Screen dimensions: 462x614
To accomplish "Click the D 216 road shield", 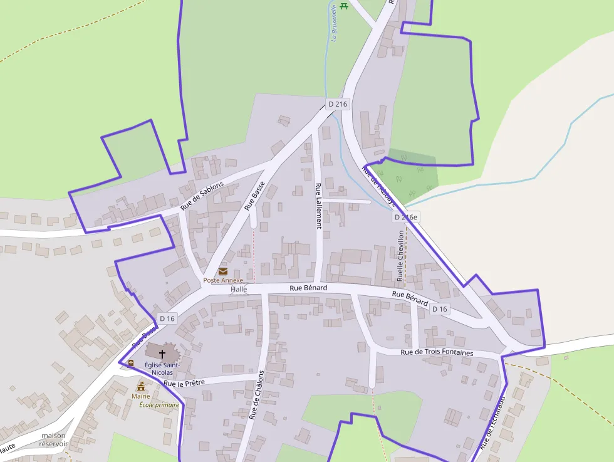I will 337,104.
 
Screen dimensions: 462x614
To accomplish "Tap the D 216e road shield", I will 405,217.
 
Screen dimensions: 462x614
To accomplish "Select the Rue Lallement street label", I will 318,206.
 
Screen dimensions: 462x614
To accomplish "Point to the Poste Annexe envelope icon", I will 223,271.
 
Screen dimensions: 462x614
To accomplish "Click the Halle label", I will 239,289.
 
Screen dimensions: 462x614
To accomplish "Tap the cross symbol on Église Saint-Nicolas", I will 162,354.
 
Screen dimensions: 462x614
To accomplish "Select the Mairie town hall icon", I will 141,386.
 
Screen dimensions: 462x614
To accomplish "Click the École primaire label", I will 159,405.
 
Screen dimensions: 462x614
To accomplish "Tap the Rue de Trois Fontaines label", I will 437,352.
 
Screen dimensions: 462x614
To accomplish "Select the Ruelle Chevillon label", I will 401,255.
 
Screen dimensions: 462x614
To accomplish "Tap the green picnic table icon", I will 343,6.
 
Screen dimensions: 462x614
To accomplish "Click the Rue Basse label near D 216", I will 255,195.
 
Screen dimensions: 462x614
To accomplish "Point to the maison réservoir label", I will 53,439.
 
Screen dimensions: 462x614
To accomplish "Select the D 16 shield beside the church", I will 167,318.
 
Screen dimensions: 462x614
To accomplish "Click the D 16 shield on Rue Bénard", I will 440,309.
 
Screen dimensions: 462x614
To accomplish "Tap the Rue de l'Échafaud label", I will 492,422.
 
